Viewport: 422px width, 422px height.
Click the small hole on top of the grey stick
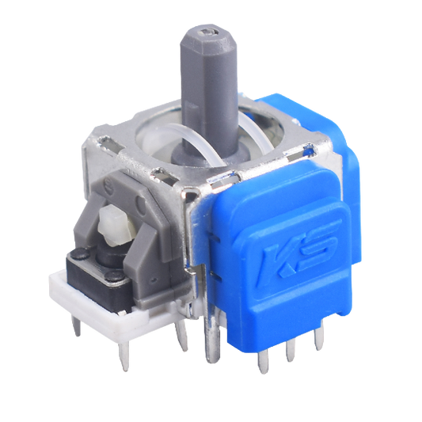[x=208, y=32]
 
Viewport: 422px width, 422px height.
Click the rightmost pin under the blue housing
[x=319, y=339]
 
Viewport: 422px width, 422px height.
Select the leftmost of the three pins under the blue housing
[x=262, y=362]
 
